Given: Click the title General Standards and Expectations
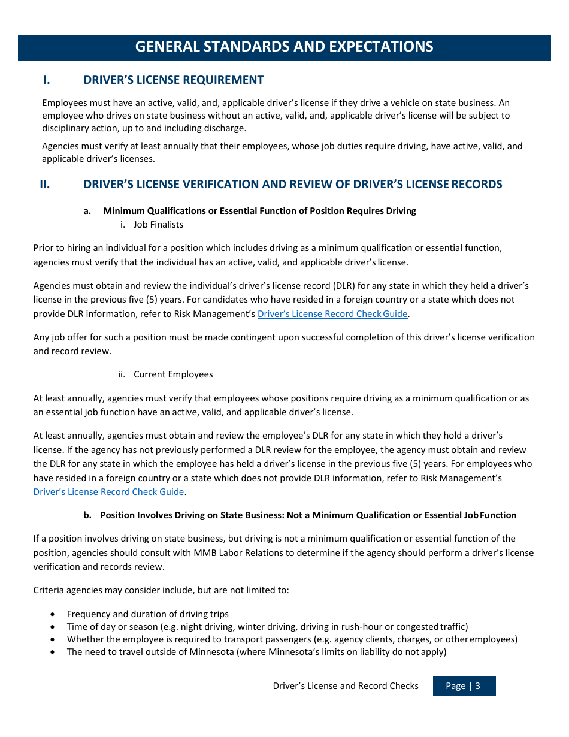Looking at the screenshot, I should point(284,47).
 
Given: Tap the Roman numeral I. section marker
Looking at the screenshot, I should point(46,80).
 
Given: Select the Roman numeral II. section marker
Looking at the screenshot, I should point(45,185).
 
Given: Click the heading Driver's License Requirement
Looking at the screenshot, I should point(173,80).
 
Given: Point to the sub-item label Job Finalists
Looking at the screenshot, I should point(158,225).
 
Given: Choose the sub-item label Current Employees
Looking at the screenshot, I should point(173,374).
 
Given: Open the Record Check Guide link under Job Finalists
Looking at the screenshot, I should point(332,314).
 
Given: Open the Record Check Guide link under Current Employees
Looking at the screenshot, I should point(108,492).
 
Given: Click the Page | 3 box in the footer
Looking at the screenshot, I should point(464,686).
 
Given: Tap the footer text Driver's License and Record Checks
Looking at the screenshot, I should point(346,686).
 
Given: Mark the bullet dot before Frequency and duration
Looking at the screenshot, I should point(54,614).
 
